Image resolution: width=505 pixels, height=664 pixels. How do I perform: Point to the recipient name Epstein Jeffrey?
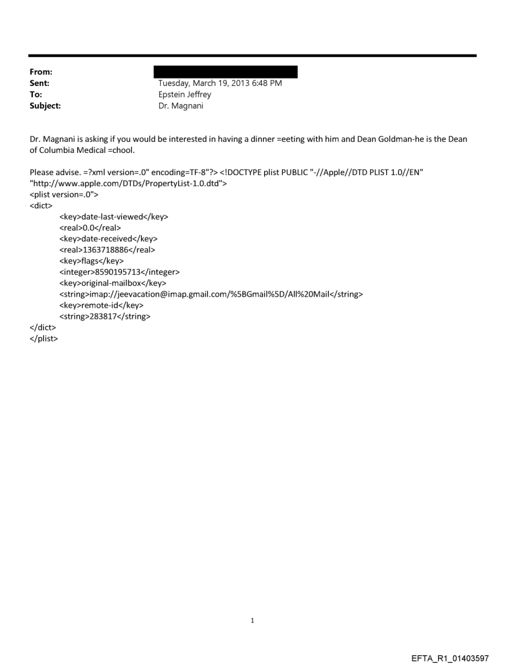pyautogui.click(x=184, y=95)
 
